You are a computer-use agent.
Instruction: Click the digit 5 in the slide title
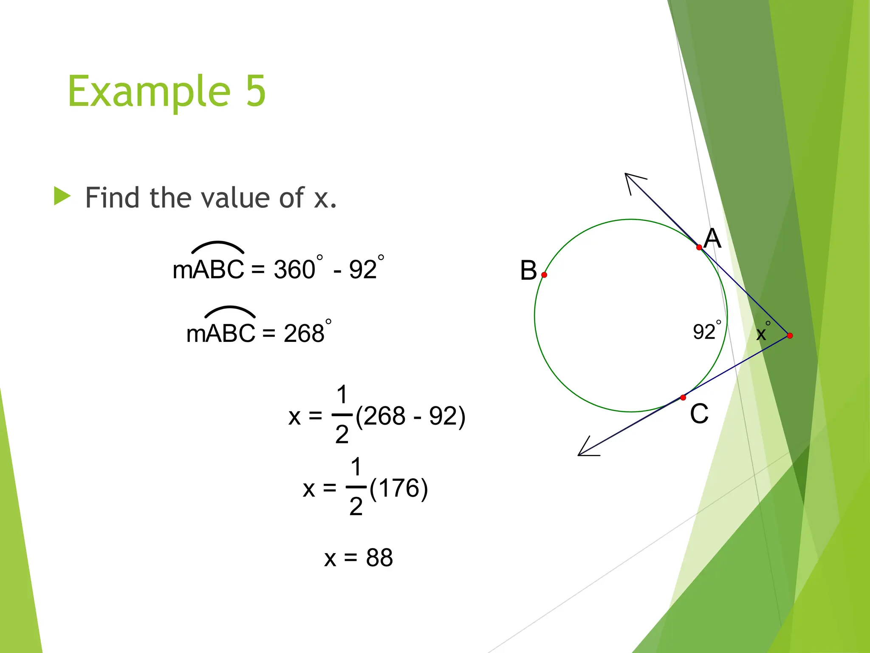coord(256,91)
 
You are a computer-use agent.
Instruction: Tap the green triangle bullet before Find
coord(62,196)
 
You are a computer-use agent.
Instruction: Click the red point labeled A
coord(699,247)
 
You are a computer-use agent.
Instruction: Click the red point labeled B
coord(544,275)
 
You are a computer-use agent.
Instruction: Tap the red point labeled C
coord(683,397)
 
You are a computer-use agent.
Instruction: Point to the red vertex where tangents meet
coord(790,335)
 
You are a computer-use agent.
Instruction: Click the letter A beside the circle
coord(712,238)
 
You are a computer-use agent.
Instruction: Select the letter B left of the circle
coord(528,270)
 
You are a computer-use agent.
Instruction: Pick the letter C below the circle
coord(699,414)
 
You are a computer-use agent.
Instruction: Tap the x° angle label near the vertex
coord(763,332)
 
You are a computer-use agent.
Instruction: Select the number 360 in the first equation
coord(294,269)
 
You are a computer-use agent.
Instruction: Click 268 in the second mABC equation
coord(304,333)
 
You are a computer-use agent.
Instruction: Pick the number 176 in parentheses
coord(398,488)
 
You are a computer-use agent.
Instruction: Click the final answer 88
coord(379,558)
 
